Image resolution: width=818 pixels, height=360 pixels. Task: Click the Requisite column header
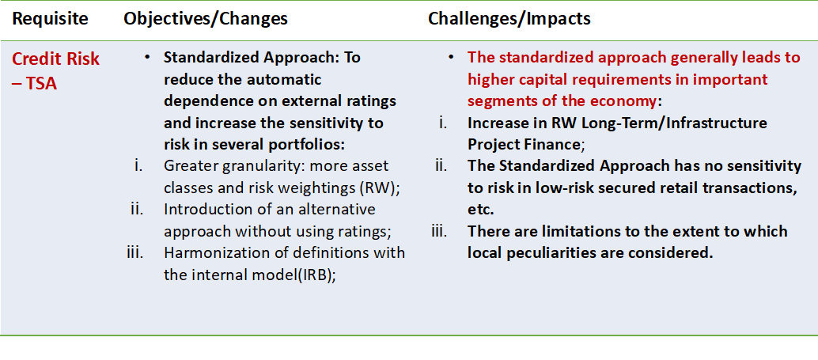pos(51,19)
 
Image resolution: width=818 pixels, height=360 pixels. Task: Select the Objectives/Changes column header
pos(206,19)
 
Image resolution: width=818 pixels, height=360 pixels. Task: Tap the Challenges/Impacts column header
pos(509,19)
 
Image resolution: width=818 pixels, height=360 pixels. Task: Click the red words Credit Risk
pos(55,59)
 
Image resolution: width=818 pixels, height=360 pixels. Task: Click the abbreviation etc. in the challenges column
pos(480,210)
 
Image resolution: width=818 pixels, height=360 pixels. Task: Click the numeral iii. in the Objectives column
pos(135,252)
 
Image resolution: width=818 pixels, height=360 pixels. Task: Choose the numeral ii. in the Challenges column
pos(442,166)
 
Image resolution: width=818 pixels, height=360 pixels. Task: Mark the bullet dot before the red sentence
pos(451,58)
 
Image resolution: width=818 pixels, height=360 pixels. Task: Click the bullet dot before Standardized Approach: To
pos(148,58)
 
